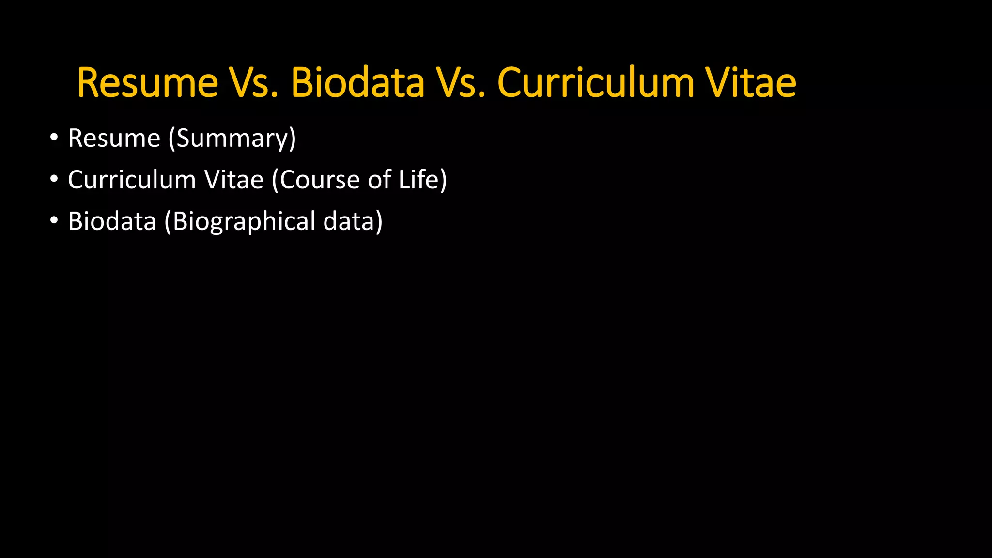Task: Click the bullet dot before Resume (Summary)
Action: coord(54,138)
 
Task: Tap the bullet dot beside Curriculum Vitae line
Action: coord(54,179)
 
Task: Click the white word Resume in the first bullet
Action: coord(114,139)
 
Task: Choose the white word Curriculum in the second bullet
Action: coord(132,180)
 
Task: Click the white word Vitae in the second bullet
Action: coord(234,180)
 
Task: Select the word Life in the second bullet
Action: coord(418,180)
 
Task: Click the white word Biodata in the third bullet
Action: coord(112,222)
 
